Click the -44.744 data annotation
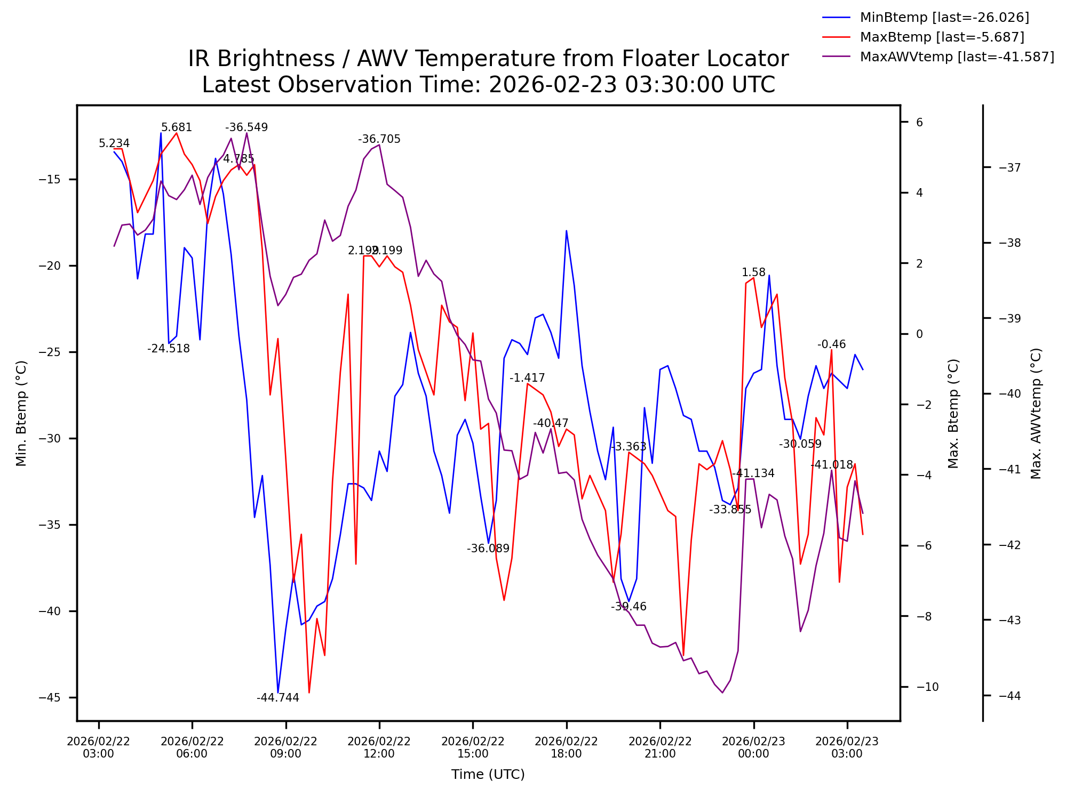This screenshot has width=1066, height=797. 277,698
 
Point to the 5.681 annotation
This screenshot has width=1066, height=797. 176,127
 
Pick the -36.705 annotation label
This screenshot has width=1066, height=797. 379,139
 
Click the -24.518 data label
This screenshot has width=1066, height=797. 168,349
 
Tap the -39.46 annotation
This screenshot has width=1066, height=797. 629,607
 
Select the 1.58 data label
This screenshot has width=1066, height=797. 753,272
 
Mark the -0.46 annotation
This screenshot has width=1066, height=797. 831,344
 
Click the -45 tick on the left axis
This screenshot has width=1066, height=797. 50,698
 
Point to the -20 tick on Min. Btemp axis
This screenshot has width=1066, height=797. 50,266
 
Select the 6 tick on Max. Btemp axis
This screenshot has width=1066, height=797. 919,122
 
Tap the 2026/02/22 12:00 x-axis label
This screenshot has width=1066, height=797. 379,747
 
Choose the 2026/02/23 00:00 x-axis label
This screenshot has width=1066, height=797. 753,747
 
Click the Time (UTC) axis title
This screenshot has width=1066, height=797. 488,775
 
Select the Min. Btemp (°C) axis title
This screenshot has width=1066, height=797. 21,413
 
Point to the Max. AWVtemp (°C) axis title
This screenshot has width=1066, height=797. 1036,413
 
